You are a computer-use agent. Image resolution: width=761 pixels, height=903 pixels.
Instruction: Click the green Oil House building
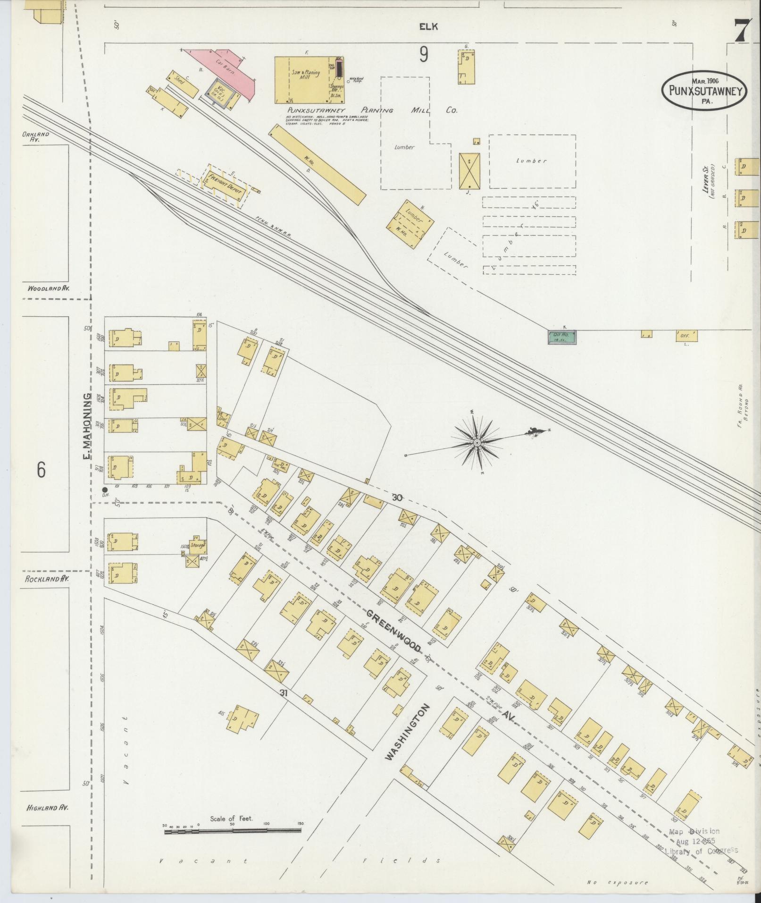tap(562, 337)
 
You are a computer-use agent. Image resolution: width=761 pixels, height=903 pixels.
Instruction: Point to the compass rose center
tap(477, 443)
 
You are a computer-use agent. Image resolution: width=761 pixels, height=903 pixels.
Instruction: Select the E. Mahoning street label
tap(87, 427)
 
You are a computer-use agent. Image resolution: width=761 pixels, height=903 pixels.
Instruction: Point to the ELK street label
tap(429, 27)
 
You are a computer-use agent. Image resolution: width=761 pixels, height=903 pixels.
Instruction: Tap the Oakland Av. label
tap(35, 136)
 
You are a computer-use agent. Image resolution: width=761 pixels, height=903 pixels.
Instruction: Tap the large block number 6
tap(41, 469)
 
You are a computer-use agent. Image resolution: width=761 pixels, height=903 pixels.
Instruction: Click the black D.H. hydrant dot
tap(105, 490)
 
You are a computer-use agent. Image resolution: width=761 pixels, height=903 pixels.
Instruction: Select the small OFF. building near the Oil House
tap(686, 336)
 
